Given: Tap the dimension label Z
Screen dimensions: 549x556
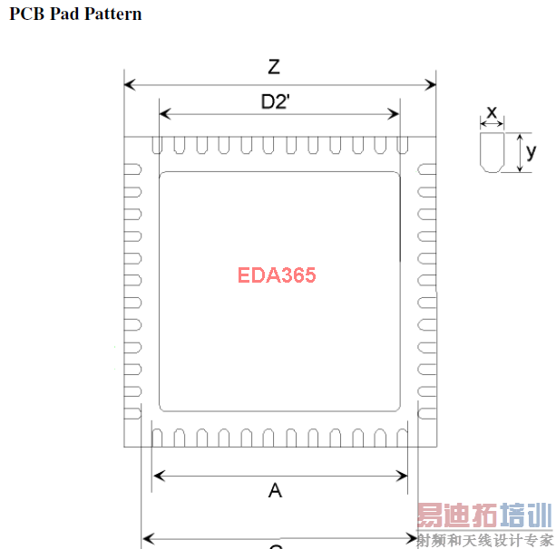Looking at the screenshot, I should point(273,67).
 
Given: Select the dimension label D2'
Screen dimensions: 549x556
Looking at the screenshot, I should point(275,101).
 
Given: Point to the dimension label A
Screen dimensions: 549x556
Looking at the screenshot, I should point(275,490).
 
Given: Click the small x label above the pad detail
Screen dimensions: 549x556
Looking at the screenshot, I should point(492,111).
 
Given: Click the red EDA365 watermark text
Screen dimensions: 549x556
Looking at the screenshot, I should point(277,274).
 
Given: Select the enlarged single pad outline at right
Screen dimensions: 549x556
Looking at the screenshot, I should point(491,153).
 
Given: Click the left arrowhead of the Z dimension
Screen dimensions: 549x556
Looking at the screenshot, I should point(129,85).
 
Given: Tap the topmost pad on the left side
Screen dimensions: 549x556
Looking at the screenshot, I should point(133,169).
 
